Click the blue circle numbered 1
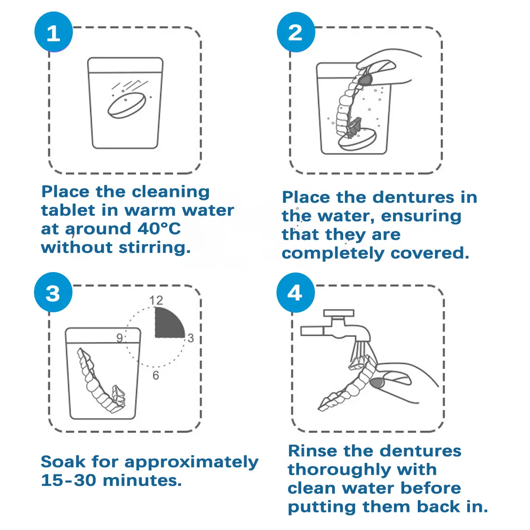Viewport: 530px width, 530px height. click(53, 32)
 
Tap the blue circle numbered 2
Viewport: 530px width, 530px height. click(296, 32)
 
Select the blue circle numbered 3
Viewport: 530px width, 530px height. click(53, 292)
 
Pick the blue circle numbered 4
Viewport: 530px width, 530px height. click(295, 292)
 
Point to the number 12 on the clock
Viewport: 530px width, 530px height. click(156, 300)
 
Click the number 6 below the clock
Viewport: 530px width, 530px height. click(155, 375)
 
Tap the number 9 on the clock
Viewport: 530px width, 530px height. click(119, 338)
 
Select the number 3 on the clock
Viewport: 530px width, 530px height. click(191, 338)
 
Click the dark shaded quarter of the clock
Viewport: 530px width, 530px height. click(168, 324)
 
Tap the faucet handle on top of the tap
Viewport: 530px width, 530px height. click(339, 313)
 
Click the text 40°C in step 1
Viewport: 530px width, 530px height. click(159, 228)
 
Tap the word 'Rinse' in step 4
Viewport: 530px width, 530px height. click(313, 451)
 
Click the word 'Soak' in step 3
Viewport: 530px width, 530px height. click(63, 462)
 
